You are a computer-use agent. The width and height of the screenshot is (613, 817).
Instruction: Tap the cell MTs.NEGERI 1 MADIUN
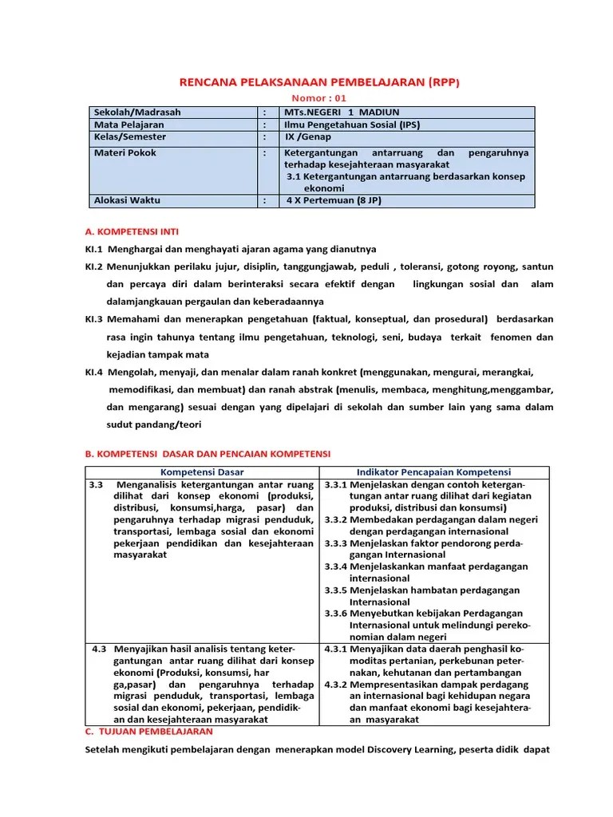point(342,112)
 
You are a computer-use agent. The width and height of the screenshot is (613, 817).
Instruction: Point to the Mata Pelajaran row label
point(129,125)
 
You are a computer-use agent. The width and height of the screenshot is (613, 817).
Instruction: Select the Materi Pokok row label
point(125,152)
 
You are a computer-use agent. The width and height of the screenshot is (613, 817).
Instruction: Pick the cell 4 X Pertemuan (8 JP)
point(334,200)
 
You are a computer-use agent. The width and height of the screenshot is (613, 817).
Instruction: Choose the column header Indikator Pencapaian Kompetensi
point(433,472)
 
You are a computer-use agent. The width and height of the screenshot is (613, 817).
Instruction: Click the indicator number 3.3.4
point(335,566)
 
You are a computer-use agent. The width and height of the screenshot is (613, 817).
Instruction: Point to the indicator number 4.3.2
point(335,684)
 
